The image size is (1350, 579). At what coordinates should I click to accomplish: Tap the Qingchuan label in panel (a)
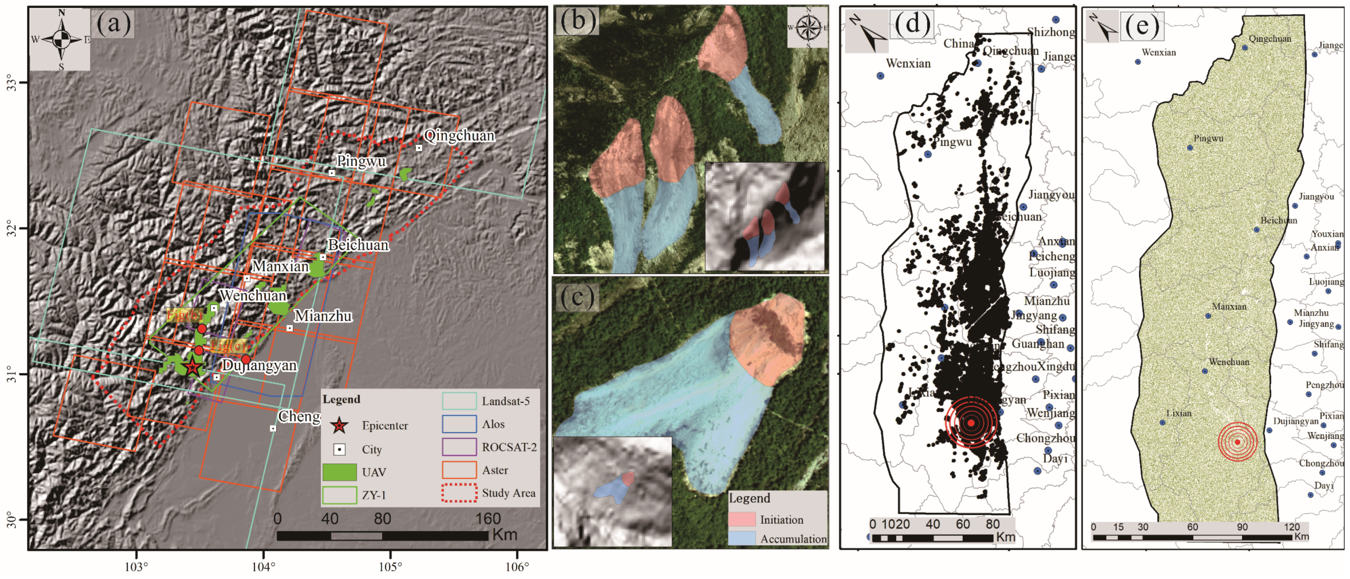click(459, 136)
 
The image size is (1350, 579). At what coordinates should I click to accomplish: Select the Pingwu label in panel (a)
click(361, 161)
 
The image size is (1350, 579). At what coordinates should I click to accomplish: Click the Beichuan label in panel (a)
click(358, 245)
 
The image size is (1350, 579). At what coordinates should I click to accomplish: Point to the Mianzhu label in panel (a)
click(323, 316)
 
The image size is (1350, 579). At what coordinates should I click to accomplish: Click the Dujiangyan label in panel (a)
click(259, 365)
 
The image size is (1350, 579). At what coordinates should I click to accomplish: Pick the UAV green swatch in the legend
click(340, 472)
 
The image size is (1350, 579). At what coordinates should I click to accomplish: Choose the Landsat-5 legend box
click(459, 401)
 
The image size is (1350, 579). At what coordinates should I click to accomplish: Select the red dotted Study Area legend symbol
click(459, 493)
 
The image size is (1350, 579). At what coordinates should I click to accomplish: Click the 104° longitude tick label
click(263, 567)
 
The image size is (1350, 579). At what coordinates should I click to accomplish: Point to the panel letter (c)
click(577, 297)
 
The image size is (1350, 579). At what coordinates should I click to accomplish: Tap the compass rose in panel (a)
click(61, 39)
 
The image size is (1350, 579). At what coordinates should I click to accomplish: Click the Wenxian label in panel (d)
click(908, 64)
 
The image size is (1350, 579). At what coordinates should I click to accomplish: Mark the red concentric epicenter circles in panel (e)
click(1238, 442)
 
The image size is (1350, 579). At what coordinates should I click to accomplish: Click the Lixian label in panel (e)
click(1179, 414)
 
